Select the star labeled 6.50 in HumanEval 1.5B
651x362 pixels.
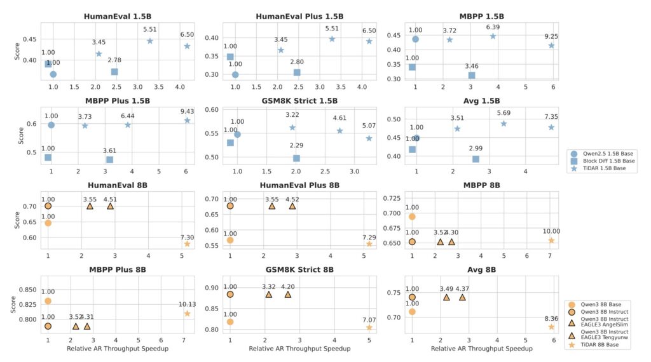[187, 46]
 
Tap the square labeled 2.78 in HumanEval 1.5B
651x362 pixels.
[114, 72]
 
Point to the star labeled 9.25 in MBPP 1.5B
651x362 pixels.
[551, 45]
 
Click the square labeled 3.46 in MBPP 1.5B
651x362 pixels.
[471, 75]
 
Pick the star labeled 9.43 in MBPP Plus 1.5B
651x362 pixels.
[187, 120]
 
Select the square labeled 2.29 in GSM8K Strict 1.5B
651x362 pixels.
[296, 158]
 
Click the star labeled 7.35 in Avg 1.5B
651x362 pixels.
[551, 127]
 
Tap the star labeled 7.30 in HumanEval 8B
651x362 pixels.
[187, 244]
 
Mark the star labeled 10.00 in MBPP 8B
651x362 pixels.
[551, 240]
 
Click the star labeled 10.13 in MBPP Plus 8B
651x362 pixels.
[187, 313]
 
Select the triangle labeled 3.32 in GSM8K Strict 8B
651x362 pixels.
[269, 294]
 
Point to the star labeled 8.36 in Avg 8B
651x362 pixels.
[551, 326]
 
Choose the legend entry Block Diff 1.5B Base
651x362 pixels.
[603, 161]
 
